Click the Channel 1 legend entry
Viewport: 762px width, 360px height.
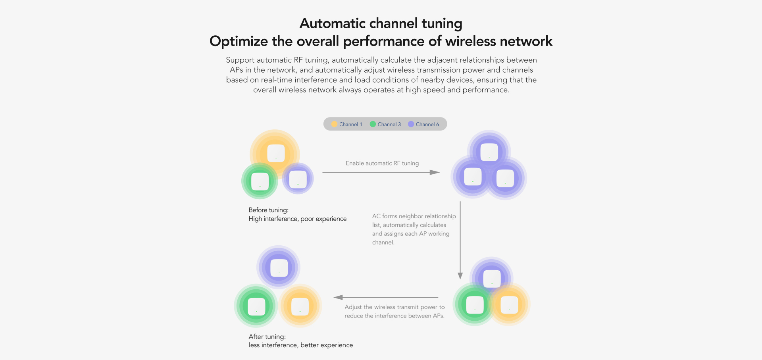pos(347,124)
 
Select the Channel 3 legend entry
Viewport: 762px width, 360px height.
pos(385,124)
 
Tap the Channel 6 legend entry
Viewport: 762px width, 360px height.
pos(423,124)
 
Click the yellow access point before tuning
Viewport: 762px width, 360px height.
pos(276,153)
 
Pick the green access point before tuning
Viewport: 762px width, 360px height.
pos(260,181)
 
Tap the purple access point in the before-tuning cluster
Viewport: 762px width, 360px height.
pos(298,179)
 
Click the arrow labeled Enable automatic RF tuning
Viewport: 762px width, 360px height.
pos(381,172)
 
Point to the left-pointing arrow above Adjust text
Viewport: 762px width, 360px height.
pos(386,297)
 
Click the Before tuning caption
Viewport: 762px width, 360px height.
pos(269,210)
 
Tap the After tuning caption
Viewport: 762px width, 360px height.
pos(267,337)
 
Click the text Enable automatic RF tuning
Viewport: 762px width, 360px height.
pos(382,163)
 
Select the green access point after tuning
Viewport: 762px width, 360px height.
pos(256,307)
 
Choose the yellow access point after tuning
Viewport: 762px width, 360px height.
pos(300,306)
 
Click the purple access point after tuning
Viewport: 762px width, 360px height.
pos(279,268)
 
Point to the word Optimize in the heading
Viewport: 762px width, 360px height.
pos(239,41)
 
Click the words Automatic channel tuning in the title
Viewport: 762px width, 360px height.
pos(381,23)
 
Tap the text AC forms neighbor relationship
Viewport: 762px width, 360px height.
pos(414,216)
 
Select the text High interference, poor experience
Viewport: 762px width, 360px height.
pos(298,219)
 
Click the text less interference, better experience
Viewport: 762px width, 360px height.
pos(301,345)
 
